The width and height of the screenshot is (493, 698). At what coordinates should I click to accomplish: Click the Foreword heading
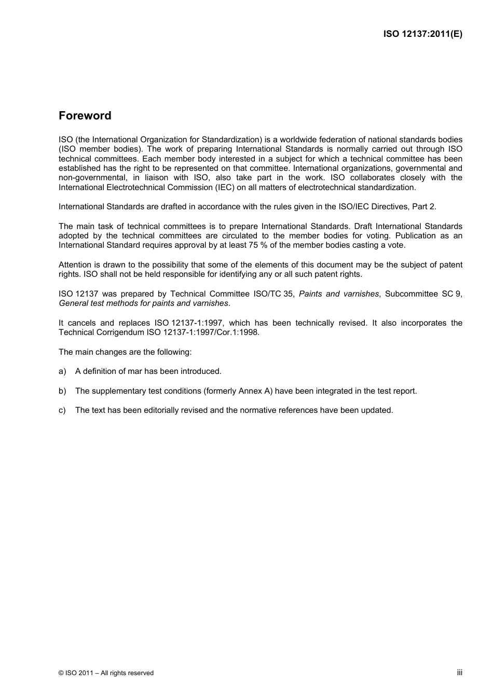(x=85, y=116)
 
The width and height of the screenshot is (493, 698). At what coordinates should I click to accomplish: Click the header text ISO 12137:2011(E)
(x=422, y=34)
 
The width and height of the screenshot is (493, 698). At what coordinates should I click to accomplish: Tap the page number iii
(x=459, y=672)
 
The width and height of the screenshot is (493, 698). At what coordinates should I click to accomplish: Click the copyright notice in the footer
(x=106, y=673)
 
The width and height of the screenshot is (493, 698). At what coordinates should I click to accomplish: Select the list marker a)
(x=62, y=371)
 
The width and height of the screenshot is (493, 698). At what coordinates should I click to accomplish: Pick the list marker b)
(x=62, y=391)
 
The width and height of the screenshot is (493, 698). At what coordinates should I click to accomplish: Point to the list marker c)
(x=62, y=410)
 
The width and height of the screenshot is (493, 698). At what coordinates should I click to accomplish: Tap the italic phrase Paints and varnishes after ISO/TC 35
(x=339, y=294)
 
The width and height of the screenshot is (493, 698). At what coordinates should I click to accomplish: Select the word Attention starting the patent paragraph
(x=75, y=265)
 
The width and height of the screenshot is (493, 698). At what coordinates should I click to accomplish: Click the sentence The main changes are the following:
(x=125, y=352)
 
